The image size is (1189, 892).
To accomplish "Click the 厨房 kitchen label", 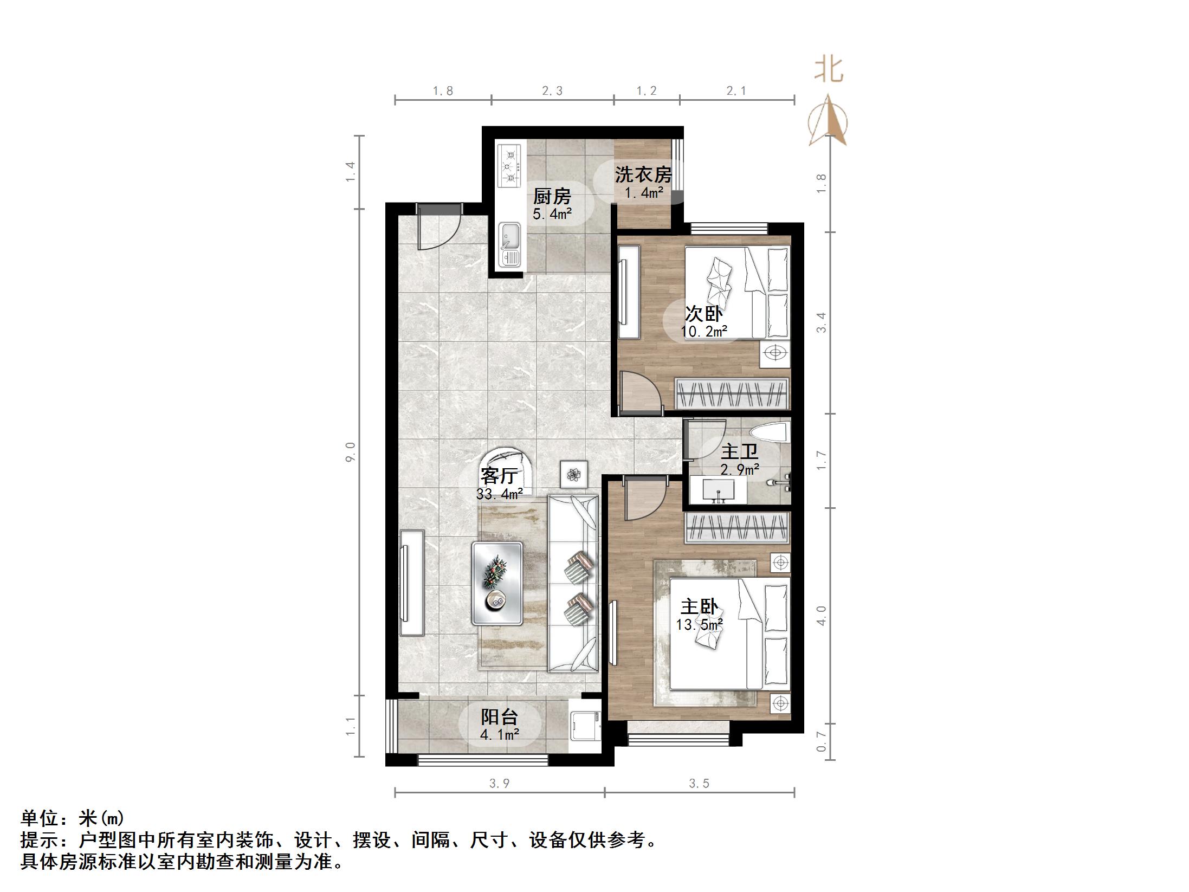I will pos(552,196).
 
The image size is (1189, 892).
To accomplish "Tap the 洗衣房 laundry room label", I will pos(643,174).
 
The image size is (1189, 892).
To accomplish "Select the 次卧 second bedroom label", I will pos(703,313).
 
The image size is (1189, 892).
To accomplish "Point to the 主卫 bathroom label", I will pos(739,451).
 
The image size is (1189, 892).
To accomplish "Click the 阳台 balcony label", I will pos(499,717).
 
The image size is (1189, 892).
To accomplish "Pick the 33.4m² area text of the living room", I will pos(499,494).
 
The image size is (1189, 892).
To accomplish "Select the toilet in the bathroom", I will pos(768,434).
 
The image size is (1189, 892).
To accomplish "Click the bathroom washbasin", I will pos(719,491).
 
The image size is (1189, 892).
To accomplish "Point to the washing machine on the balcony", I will pos(584,727).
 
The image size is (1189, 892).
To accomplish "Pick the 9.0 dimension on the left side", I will pos(350,451).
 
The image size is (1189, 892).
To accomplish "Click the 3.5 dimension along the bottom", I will pos(699,783).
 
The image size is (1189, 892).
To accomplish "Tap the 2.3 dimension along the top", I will pos(552,91).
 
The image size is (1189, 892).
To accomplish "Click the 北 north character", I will pos(829,70).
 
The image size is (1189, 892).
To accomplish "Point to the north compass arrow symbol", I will pos(828,121).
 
